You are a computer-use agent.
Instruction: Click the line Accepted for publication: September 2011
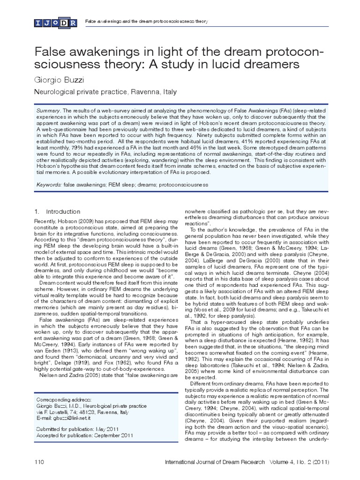click(83, 435)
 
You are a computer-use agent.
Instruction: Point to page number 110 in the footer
click(39, 463)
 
